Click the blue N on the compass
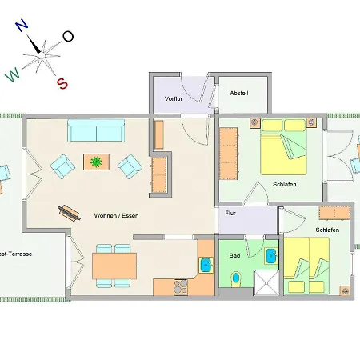[22, 26]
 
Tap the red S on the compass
[62, 83]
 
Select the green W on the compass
[13, 74]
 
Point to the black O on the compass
[68, 37]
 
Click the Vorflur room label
[174, 98]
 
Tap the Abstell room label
[239, 93]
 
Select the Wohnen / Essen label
[116, 215]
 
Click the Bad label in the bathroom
[234, 255]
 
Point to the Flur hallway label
[230, 213]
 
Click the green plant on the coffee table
[96, 162]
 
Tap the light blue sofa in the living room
[96, 130]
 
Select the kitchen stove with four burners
[181, 287]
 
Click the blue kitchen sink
[206, 266]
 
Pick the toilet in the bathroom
[236, 278]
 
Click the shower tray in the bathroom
[266, 283]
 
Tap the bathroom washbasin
[271, 256]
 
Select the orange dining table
[114, 266]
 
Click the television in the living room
[69, 213]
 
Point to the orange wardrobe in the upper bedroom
[229, 154]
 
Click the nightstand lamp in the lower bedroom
[346, 291]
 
